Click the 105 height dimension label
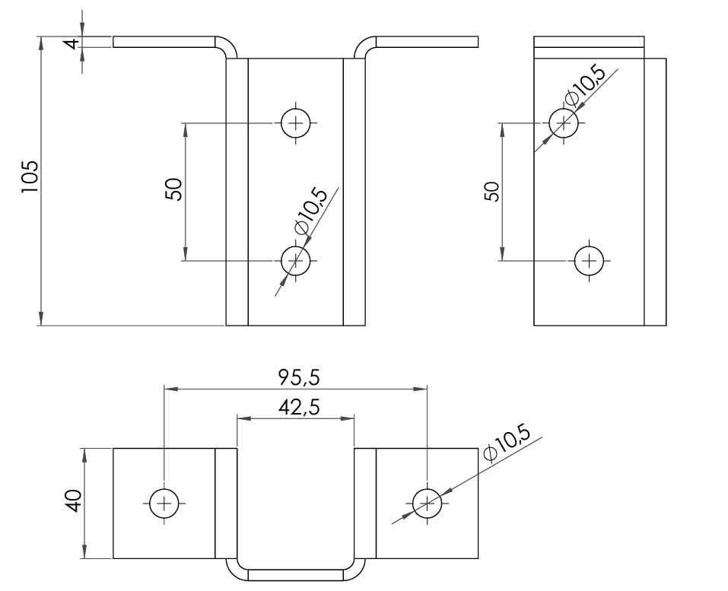[x=29, y=177]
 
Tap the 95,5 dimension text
[x=299, y=377]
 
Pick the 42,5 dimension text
[x=299, y=407]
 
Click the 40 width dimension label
[x=74, y=501]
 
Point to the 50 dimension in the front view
[x=174, y=189]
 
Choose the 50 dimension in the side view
[x=491, y=191]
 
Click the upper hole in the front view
[x=296, y=123]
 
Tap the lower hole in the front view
[x=296, y=260]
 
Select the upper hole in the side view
[x=564, y=123]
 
